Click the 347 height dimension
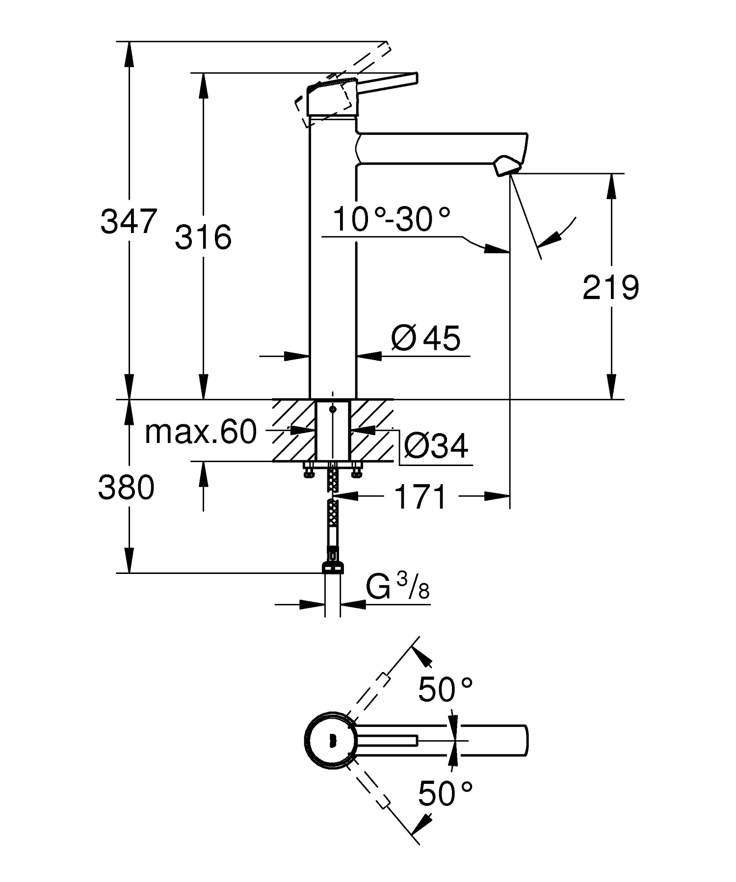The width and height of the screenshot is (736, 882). [129, 221]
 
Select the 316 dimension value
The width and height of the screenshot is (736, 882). [203, 237]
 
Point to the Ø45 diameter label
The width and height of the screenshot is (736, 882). [426, 338]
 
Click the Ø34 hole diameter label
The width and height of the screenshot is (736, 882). [436, 446]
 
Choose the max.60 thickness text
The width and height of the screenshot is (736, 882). [201, 432]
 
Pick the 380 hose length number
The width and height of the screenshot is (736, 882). [127, 488]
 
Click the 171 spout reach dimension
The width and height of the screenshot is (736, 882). [421, 497]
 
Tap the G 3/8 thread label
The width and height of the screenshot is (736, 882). [398, 588]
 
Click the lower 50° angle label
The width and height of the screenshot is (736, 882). [445, 794]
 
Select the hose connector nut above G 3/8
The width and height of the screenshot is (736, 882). [333, 567]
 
